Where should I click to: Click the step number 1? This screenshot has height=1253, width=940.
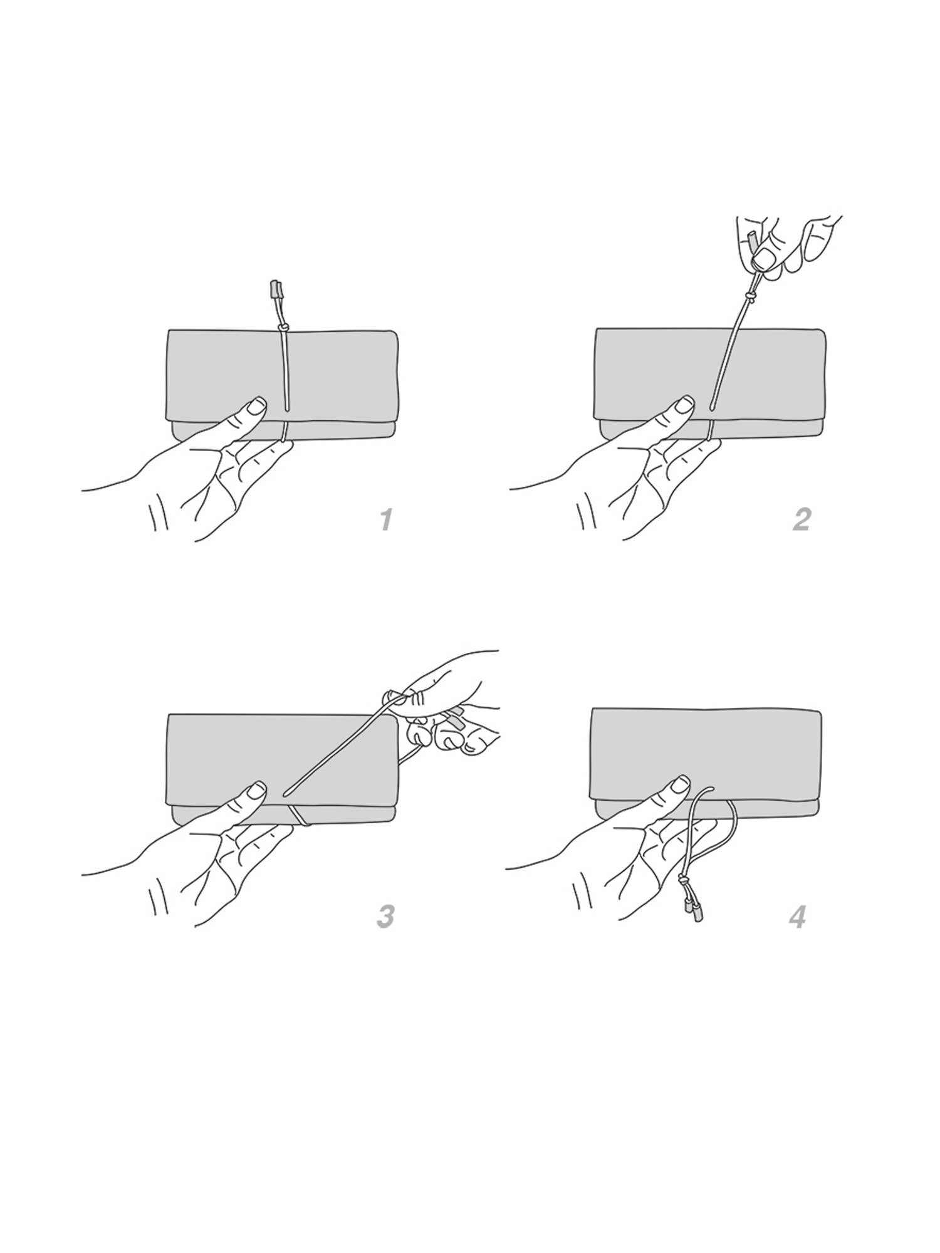click(x=386, y=519)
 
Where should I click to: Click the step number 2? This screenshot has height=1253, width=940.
click(x=802, y=519)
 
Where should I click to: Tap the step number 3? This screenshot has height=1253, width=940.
click(x=385, y=916)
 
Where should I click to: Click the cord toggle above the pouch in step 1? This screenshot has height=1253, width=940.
click(x=275, y=289)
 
